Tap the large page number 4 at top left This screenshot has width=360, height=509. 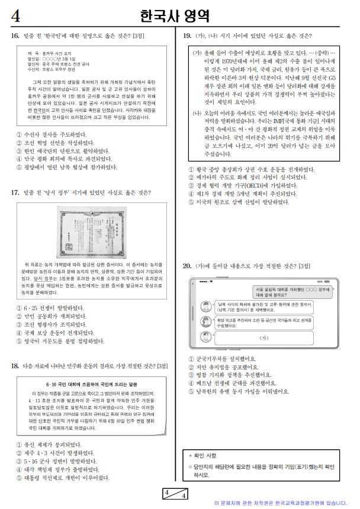coord(16,16)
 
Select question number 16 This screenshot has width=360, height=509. coord(15,37)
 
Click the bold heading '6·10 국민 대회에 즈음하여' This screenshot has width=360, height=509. coord(91,384)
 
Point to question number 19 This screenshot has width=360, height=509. coord(187,37)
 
